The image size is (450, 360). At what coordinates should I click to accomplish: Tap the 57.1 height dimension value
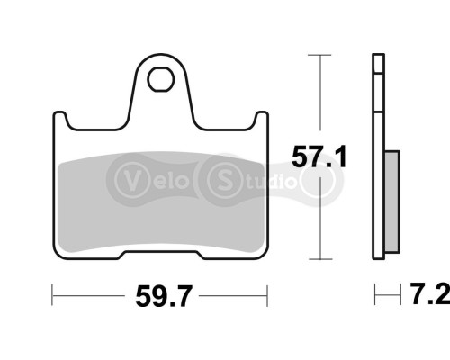pyautogui.click(x=319, y=158)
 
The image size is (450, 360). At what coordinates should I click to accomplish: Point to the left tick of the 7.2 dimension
pyautogui.click(x=375, y=294)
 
